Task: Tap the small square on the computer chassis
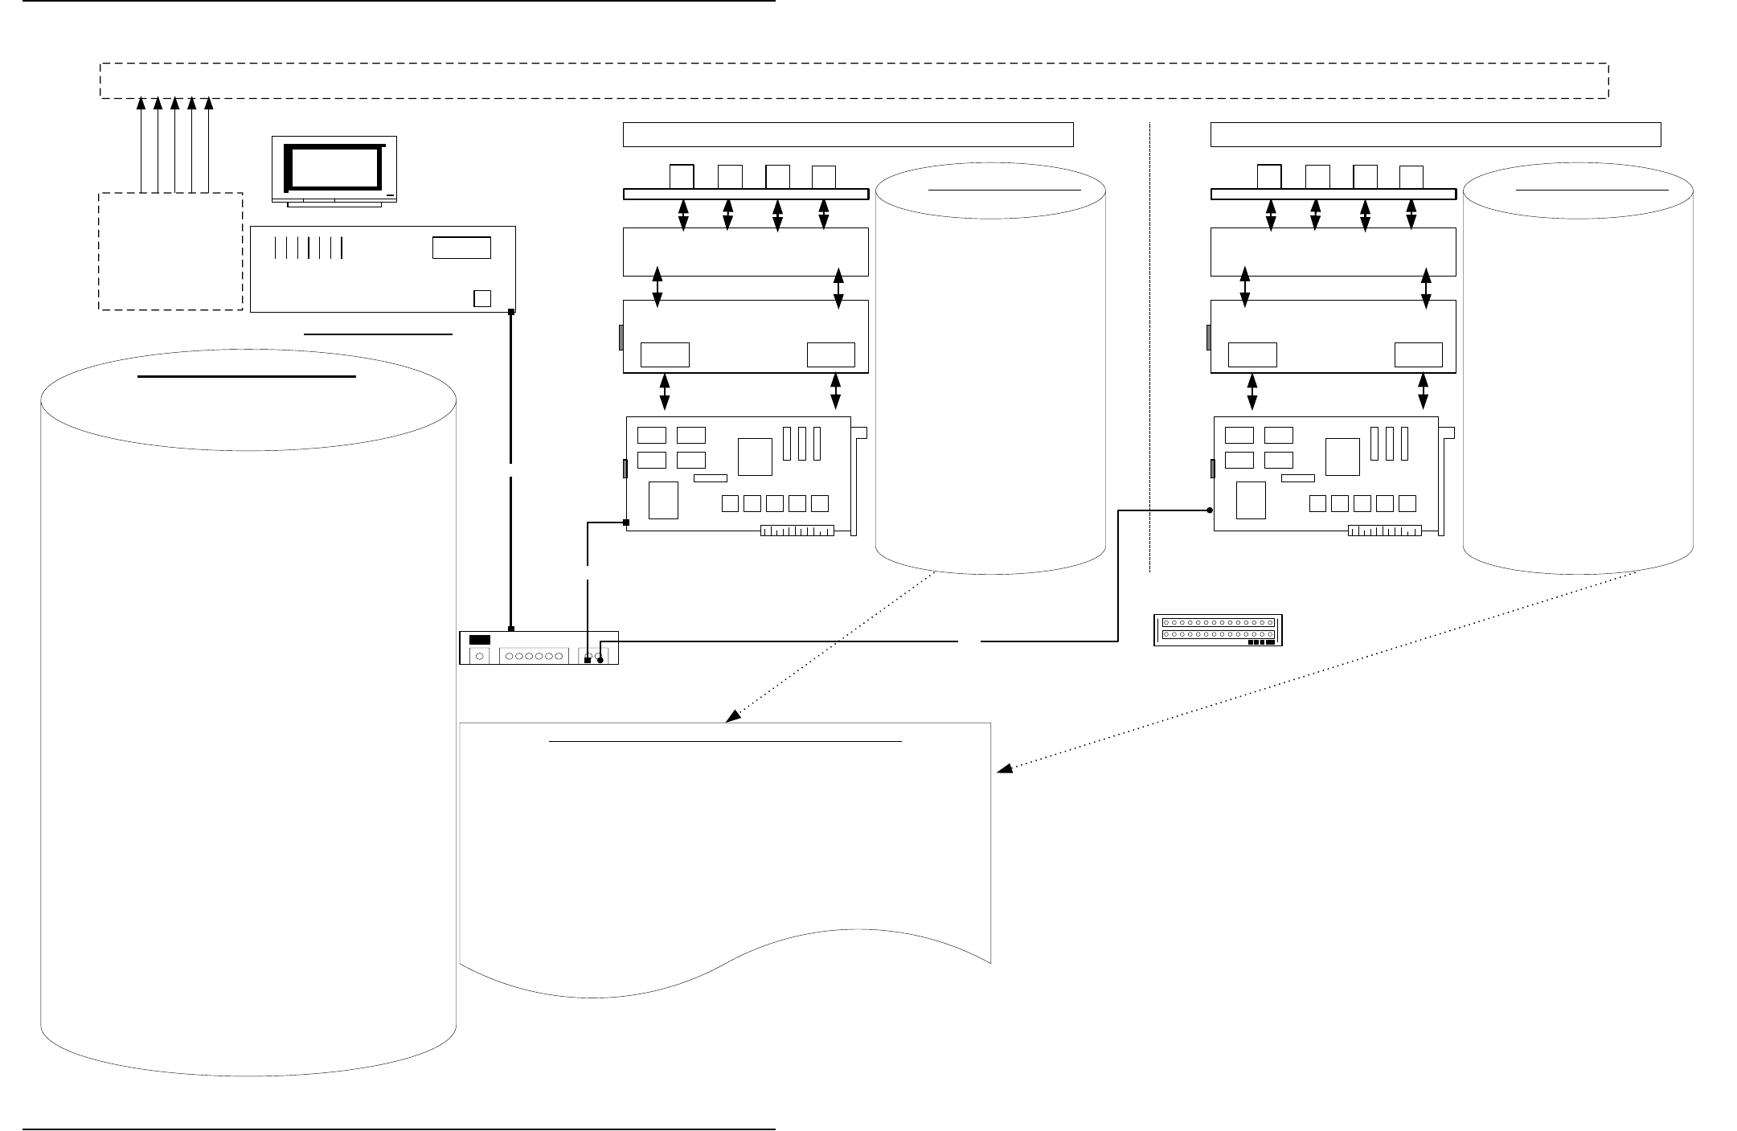click(x=481, y=297)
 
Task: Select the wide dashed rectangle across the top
click(x=854, y=80)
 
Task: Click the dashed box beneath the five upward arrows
click(x=170, y=251)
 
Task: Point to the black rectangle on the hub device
click(x=480, y=640)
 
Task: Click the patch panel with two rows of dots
click(x=1218, y=629)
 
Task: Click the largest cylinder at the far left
click(x=248, y=723)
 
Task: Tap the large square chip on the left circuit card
click(x=755, y=456)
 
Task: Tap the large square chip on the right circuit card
click(x=1342, y=456)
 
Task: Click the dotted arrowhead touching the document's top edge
click(x=732, y=716)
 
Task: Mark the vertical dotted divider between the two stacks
click(x=1150, y=346)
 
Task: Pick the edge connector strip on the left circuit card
click(x=797, y=531)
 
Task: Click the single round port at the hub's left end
click(x=480, y=656)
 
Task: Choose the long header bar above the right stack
click(x=1436, y=134)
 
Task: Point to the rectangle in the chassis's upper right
click(x=461, y=248)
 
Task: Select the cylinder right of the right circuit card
click(x=1578, y=370)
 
